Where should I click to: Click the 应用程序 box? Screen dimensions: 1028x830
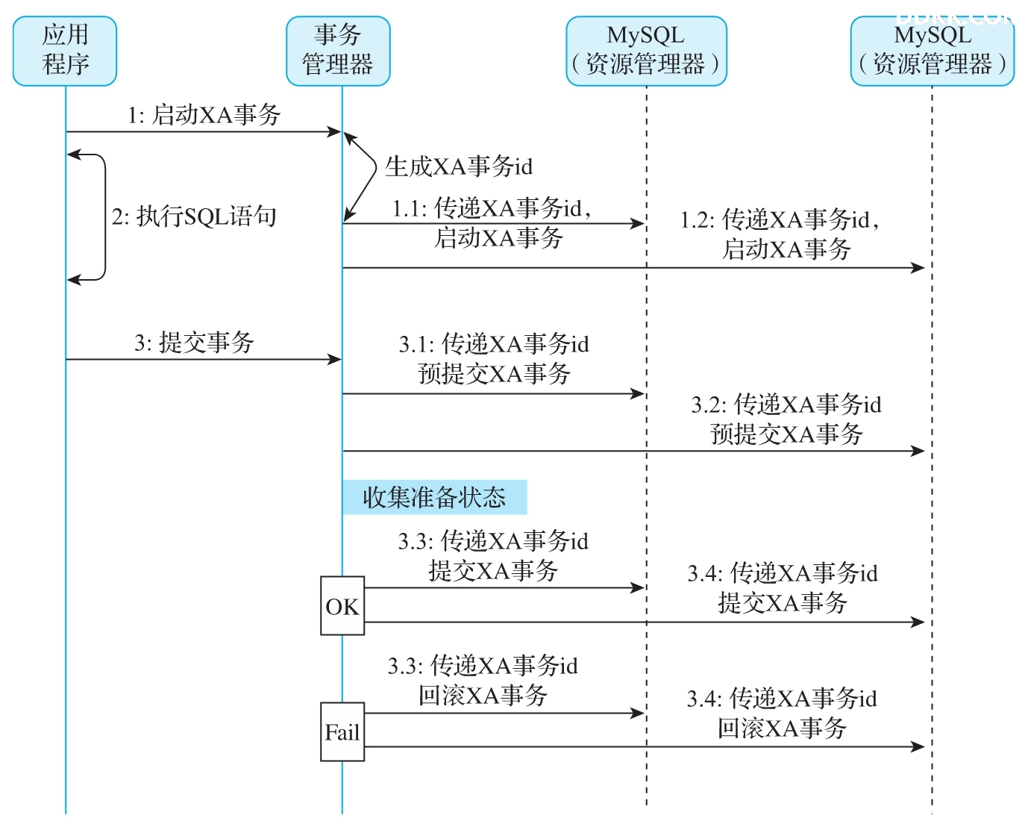pyautogui.click(x=64, y=52)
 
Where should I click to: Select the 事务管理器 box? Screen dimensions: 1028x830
pyautogui.click(x=338, y=52)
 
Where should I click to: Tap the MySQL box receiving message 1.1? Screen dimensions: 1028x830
pyautogui.click(x=646, y=52)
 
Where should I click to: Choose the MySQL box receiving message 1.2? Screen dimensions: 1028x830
pyautogui.click(x=932, y=52)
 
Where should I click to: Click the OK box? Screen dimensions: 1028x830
pyautogui.click(x=342, y=606)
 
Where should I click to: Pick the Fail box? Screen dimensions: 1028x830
pyautogui.click(x=342, y=731)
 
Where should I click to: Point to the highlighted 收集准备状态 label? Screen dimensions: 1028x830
pyautogui.click(x=435, y=497)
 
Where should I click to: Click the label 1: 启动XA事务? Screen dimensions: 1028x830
pyautogui.click(x=204, y=115)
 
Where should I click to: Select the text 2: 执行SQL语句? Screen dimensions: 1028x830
pyautogui.click(x=194, y=216)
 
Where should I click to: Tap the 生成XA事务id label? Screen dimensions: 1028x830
pyautogui.click(x=459, y=166)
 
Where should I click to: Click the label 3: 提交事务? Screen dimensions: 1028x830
pyautogui.click(x=194, y=343)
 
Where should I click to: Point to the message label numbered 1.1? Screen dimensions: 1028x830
pyautogui.click(x=492, y=222)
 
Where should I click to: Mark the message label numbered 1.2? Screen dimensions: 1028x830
pyautogui.click(x=780, y=234)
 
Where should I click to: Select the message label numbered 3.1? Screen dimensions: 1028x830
pyautogui.click(x=494, y=358)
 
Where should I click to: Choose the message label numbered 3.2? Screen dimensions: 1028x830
pyautogui.click(x=786, y=419)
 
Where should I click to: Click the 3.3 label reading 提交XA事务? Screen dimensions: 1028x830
pyautogui.click(x=493, y=556)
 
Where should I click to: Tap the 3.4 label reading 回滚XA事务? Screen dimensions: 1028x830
pyautogui.click(x=782, y=714)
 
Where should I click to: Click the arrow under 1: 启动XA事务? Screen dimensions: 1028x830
pyautogui.click(x=204, y=131)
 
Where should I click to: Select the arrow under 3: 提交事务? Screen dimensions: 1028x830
pyautogui.click(x=204, y=360)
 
